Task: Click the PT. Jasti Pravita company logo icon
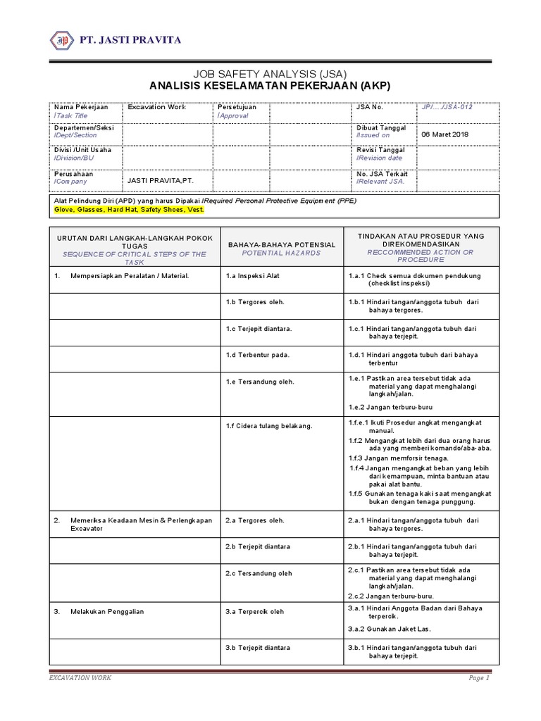click(x=63, y=39)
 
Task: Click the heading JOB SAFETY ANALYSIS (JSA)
click(x=270, y=73)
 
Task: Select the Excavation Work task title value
click(x=156, y=107)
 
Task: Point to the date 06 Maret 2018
click(x=444, y=134)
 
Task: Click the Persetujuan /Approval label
click(x=237, y=111)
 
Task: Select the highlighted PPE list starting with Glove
click(x=129, y=209)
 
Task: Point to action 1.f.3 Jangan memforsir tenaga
click(x=398, y=458)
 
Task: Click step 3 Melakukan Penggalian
click(x=107, y=611)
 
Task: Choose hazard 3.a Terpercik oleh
click(x=254, y=611)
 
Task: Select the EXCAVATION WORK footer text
click(x=80, y=677)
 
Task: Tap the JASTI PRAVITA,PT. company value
click(x=160, y=180)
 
